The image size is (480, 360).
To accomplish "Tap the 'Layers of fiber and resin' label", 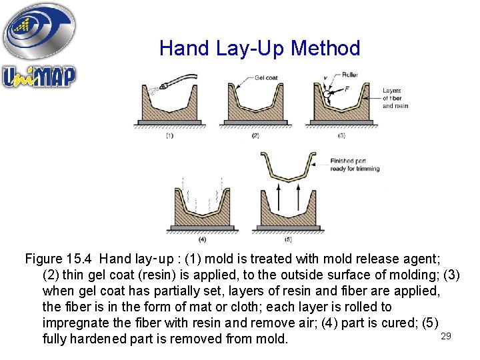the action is pos(395,98).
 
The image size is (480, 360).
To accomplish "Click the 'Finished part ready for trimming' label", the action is pos(355,165).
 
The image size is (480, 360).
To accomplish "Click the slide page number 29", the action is pos(446,337).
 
